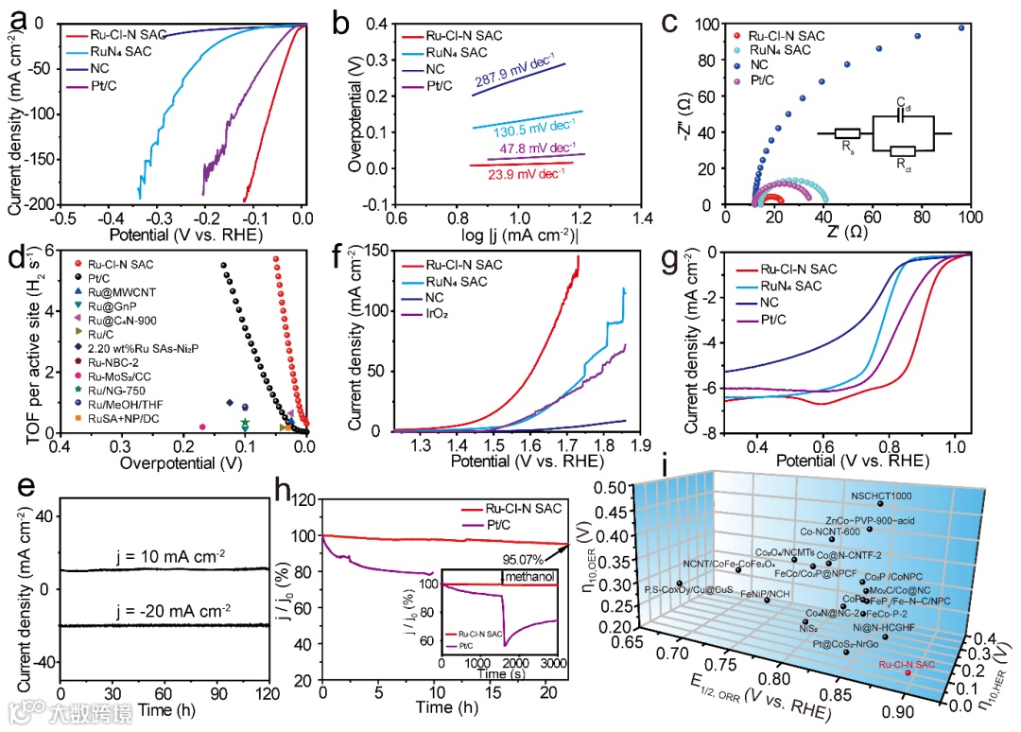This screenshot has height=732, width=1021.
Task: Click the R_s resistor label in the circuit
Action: coord(847,148)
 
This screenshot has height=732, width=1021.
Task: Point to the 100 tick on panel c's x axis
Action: coord(969,218)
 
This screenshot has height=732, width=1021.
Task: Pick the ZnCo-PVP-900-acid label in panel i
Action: coord(872,520)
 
